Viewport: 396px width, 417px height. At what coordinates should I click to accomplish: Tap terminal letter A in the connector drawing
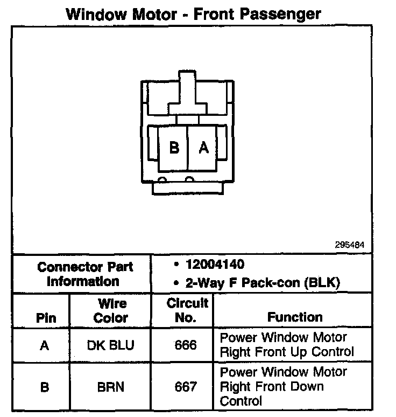pos(203,147)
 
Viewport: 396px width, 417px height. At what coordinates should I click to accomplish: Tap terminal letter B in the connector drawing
pos(174,147)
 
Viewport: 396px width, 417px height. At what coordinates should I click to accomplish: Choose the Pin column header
pos(46,317)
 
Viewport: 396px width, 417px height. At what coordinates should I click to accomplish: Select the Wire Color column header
pos(111,310)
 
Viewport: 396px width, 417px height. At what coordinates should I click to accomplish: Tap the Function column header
pos(295,317)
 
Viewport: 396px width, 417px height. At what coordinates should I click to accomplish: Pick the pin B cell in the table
pos(45,387)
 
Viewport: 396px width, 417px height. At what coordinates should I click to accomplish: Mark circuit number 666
pos(186,345)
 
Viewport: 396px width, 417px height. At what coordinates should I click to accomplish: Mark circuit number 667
pos(186,387)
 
